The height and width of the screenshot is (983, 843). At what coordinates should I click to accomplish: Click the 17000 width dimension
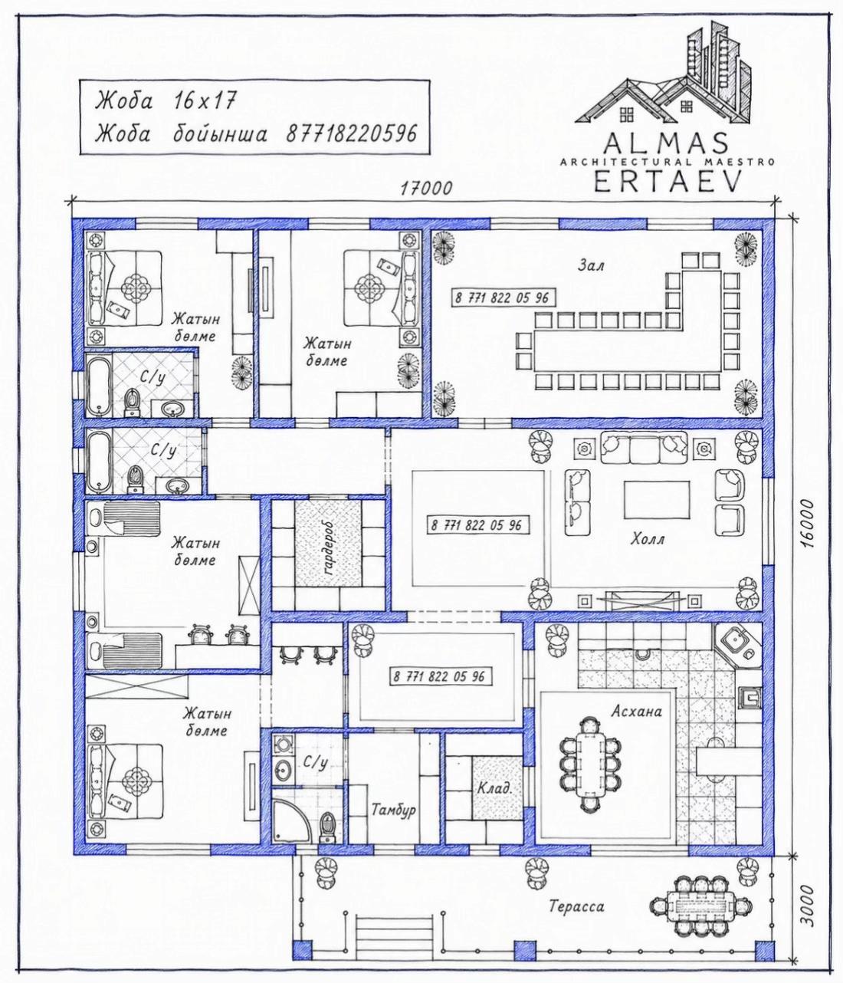pyautogui.click(x=425, y=189)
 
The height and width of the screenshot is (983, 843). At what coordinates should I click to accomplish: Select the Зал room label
pyautogui.click(x=591, y=265)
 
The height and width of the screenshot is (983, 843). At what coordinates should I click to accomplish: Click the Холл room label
pyautogui.click(x=648, y=539)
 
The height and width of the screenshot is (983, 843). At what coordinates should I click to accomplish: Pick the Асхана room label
pyautogui.click(x=636, y=712)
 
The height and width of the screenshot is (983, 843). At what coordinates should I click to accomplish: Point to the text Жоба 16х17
pyautogui.click(x=166, y=100)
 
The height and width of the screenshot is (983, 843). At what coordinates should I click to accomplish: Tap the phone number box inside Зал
pyautogui.click(x=502, y=298)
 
